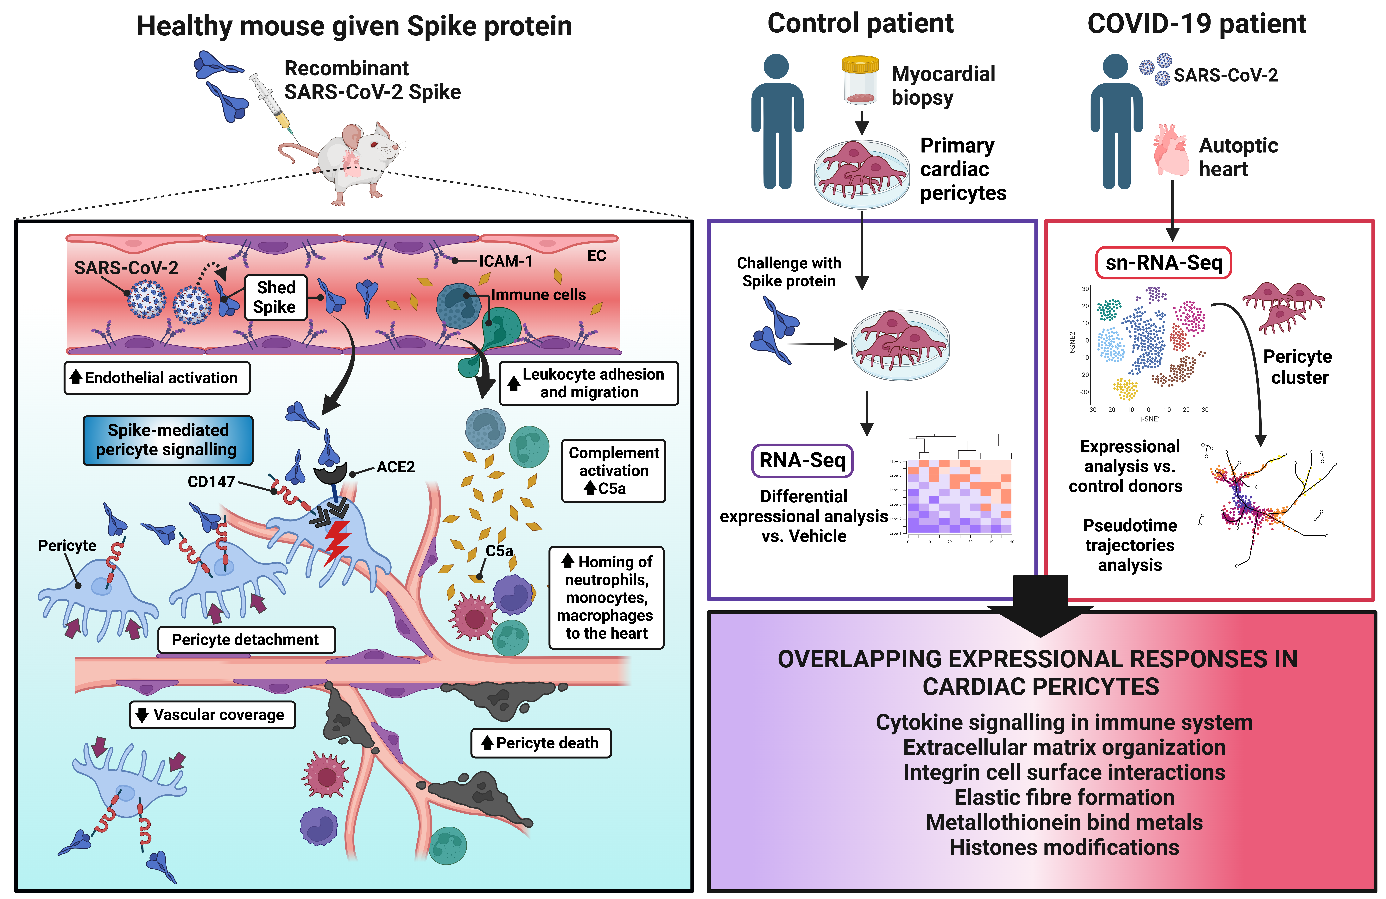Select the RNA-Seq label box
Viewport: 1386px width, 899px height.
tap(802, 460)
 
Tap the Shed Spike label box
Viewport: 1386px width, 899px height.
tap(275, 297)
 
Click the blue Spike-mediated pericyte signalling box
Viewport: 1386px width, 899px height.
tap(168, 440)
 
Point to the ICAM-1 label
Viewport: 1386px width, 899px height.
tap(505, 261)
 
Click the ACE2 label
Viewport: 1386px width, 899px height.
tap(395, 467)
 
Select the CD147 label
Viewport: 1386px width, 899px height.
tap(211, 481)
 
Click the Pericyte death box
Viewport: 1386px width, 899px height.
tap(541, 743)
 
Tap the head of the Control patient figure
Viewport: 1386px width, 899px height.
tap(776, 66)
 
